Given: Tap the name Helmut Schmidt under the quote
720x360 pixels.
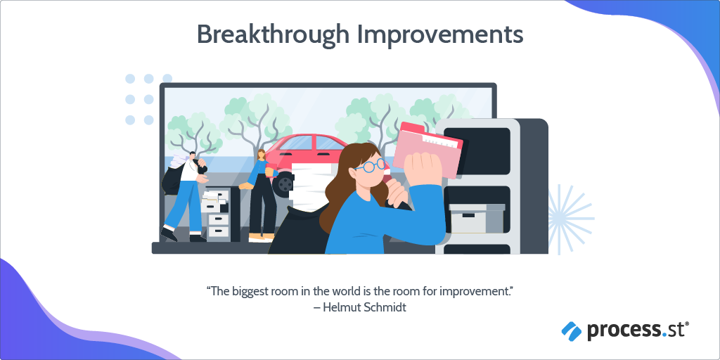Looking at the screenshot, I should tap(364, 307).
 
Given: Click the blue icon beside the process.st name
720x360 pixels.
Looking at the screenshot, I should tap(572, 329).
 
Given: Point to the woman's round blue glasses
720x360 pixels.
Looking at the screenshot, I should tap(371, 166).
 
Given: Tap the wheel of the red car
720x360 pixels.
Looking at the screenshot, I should tap(285, 184).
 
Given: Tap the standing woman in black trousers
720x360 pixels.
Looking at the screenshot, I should tap(261, 197).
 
